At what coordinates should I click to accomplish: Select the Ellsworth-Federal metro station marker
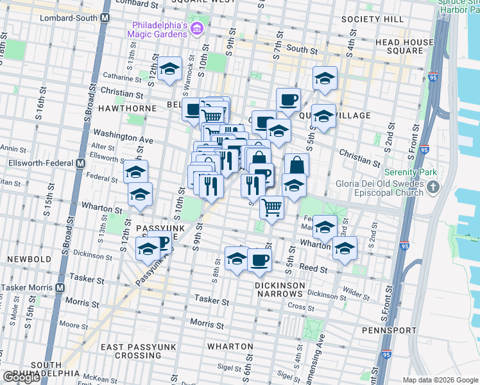click(81, 163)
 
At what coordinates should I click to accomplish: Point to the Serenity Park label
click(410, 172)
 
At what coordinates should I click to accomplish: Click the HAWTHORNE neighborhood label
click(127, 108)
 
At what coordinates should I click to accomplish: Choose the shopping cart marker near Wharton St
click(271, 207)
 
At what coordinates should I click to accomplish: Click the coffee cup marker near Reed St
click(259, 260)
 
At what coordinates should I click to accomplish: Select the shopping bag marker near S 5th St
click(296, 165)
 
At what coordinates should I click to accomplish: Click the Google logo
click(21, 377)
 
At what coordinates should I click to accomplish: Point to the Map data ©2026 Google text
click(440, 380)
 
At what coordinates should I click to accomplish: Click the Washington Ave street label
click(123, 137)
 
